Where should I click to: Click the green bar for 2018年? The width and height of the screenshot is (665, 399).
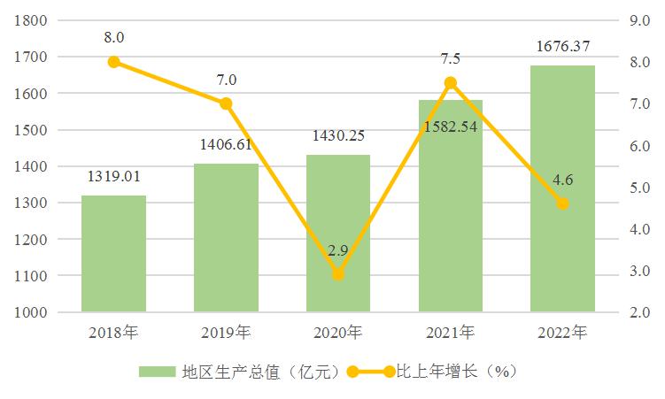coord(113,254)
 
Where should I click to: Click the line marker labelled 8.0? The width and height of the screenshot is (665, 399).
coord(113,62)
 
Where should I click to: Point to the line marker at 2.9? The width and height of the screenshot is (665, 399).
coord(338,274)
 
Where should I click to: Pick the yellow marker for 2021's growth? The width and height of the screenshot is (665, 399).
coord(450,82)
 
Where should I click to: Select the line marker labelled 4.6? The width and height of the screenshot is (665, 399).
coord(562,203)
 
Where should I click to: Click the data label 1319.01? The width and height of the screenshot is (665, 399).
coord(113,177)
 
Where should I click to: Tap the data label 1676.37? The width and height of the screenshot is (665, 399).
coord(562,46)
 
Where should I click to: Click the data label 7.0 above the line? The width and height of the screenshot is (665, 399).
coord(226,81)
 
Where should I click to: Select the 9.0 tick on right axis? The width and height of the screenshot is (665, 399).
coord(638,19)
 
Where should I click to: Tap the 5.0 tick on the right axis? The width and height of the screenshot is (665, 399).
coord(638,187)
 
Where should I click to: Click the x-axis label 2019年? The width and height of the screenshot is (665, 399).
coord(226,334)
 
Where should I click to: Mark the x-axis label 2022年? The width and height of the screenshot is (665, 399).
coord(562,334)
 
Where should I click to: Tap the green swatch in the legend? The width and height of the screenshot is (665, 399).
coord(158,372)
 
